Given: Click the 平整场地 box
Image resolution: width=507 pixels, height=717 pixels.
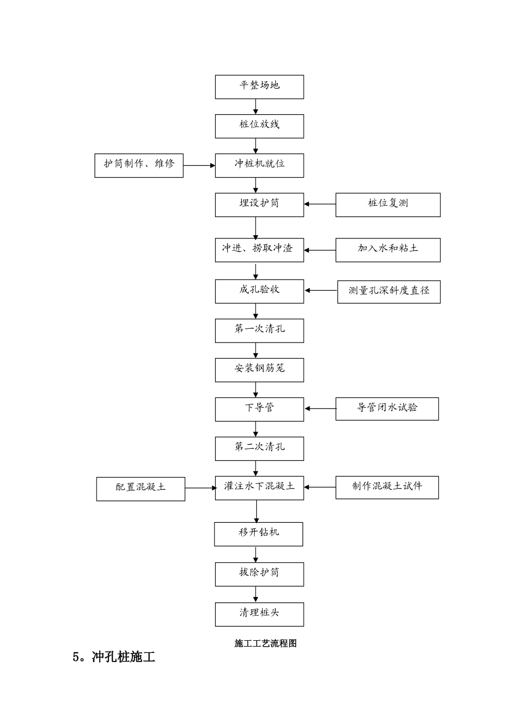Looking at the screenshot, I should pyautogui.click(x=259, y=87).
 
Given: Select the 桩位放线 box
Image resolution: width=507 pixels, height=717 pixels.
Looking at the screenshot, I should pyautogui.click(x=259, y=126).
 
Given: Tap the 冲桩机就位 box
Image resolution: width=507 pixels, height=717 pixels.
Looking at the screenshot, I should pyautogui.click(x=259, y=165).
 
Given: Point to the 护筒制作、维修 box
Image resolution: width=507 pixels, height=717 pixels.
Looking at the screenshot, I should pyautogui.click(x=139, y=165).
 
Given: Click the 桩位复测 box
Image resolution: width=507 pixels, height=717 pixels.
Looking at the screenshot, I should pyautogui.click(x=388, y=205).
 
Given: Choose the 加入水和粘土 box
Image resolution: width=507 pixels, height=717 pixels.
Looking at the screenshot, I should pyautogui.click(x=388, y=250).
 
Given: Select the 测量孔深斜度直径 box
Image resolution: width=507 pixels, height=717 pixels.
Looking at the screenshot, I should pyautogui.click(x=389, y=292).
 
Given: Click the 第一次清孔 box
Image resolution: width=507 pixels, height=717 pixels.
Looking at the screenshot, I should pyautogui.click(x=259, y=331).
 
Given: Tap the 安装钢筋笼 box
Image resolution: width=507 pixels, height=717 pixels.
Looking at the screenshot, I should pyautogui.click(x=259, y=370).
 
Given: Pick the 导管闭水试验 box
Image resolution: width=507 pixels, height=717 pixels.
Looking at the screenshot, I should pyautogui.click(x=387, y=409).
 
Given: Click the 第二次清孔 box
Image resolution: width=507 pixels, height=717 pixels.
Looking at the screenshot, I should pyautogui.click(x=259, y=449).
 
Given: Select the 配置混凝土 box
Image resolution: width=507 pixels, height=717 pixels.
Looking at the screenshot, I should pyautogui.click(x=140, y=489).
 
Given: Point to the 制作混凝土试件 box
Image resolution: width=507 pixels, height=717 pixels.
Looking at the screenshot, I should pyautogui.click(x=387, y=488).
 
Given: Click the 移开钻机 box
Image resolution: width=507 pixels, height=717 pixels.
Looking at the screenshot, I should pyautogui.click(x=259, y=534).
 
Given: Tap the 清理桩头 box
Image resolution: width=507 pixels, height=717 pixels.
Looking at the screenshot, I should pyautogui.click(x=259, y=614).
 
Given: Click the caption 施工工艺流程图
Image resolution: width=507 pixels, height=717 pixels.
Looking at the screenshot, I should pyautogui.click(x=265, y=643).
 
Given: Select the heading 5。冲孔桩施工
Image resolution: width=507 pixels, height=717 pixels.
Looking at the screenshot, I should pyautogui.click(x=114, y=657).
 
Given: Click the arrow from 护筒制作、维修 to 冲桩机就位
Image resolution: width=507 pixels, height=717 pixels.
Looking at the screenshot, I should pyautogui.click(x=199, y=165).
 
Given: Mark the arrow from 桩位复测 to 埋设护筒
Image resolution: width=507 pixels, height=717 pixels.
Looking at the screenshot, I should pyautogui.click(x=320, y=204).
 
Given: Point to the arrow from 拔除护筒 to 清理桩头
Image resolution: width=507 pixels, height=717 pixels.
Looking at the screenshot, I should pyautogui.click(x=256, y=594).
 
